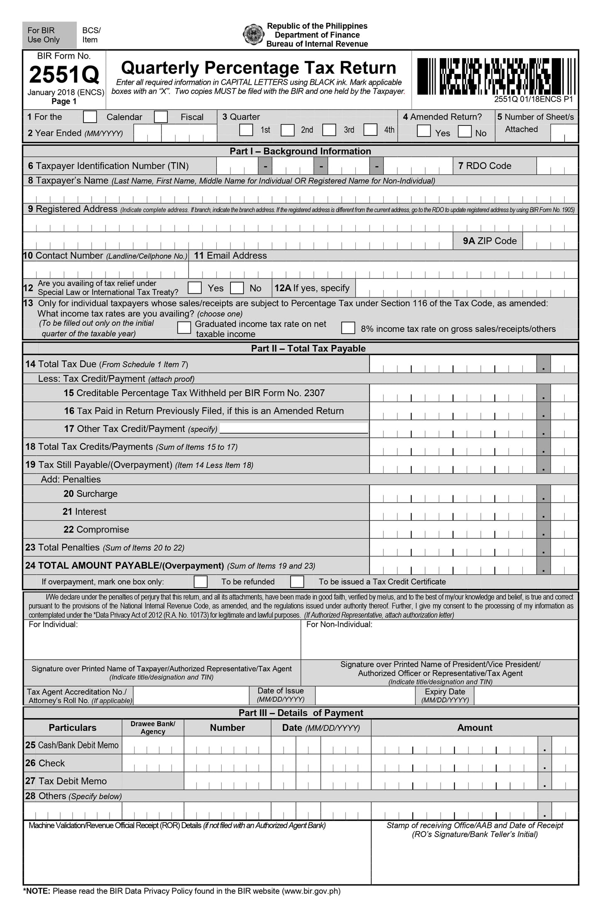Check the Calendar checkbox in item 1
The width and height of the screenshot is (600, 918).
[x=90, y=117]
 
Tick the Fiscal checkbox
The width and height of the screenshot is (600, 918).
[x=161, y=117]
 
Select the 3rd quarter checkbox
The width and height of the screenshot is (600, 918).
[x=329, y=130]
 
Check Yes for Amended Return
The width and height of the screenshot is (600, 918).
[x=424, y=131]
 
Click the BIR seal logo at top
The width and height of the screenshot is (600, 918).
[x=253, y=35]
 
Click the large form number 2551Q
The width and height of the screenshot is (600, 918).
[x=64, y=75]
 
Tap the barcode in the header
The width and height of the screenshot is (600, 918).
[x=496, y=76]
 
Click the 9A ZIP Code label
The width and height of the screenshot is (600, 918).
[x=490, y=241]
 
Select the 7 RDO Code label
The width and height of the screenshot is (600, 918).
[x=485, y=166]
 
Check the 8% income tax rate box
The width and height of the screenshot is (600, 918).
[x=348, y=328]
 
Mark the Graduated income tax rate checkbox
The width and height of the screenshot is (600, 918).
[x=184, y=328]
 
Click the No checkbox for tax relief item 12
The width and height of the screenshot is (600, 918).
[x=237, y=288]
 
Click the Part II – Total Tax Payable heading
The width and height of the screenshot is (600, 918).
[x=308, y=349]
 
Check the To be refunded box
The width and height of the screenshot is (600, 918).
[x=201, y=582]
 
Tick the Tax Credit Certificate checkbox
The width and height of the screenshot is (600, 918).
[x=297, y=582]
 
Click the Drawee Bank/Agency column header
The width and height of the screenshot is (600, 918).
[x=153, y=727]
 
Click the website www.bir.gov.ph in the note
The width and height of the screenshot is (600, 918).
[x=311, y=891]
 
